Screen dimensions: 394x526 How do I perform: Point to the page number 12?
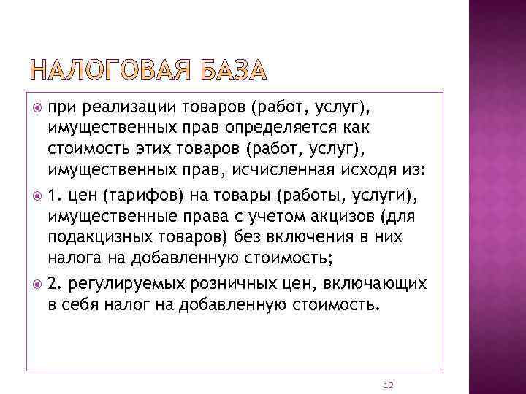pyautogui.click(x=388, y=385)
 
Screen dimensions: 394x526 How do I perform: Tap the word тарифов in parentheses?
pyautogui.click(x=123, y=196)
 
